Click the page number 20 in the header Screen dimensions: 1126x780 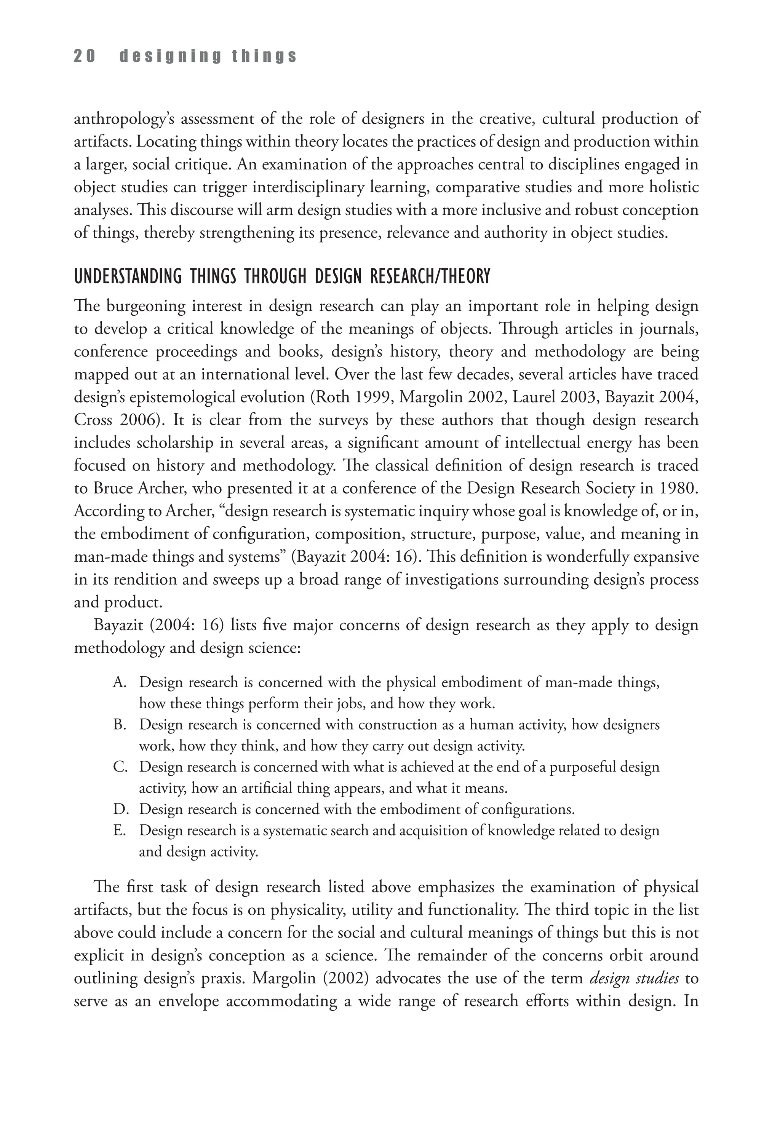84,56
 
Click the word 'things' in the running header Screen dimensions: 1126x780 264,56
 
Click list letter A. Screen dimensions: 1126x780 119,682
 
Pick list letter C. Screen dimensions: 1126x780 119,767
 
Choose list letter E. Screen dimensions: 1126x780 119,831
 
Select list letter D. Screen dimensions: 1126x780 119,810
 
